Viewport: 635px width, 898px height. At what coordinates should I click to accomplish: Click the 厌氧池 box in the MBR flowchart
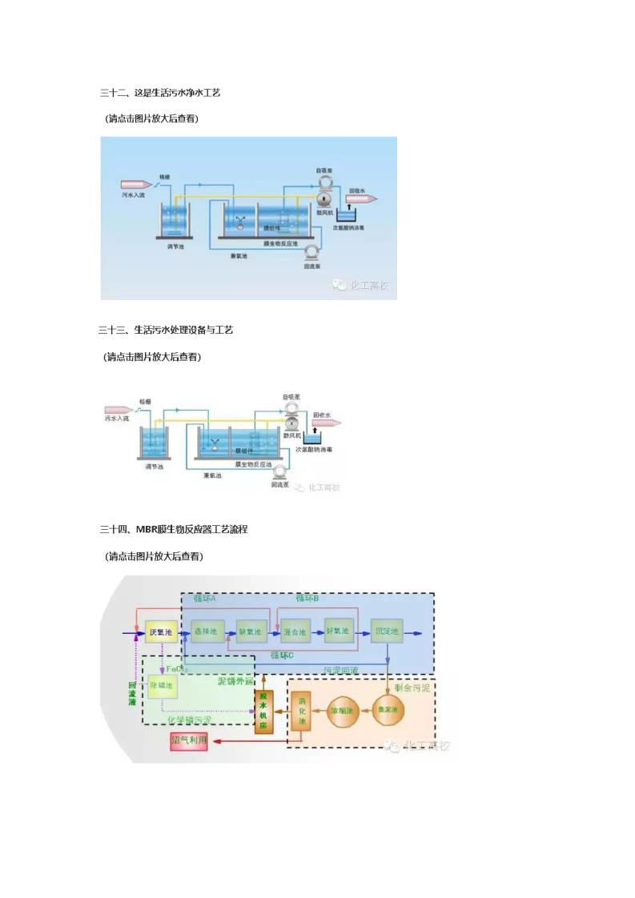[x=161, y=632]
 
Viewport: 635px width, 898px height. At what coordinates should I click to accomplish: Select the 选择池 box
[x=206, y=632]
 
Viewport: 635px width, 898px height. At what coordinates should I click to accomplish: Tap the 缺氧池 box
[x=251, y=632]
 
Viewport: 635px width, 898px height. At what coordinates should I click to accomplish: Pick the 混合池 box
[x=295, y=632]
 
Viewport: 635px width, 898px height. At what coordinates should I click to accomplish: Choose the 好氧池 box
[x=340, y=631]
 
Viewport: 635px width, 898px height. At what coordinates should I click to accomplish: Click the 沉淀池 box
[x=386, y=632]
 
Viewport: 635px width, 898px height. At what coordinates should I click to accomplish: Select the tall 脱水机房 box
[x=263, y=710]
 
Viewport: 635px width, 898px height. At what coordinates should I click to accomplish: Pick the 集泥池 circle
[x=388, y=711]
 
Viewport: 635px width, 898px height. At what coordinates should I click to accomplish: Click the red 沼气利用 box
[x=189, y=741]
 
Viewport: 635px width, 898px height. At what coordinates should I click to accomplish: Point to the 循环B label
[x=307, y=599]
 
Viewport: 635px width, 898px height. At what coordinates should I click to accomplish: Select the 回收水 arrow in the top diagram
[x=360, y=198]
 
